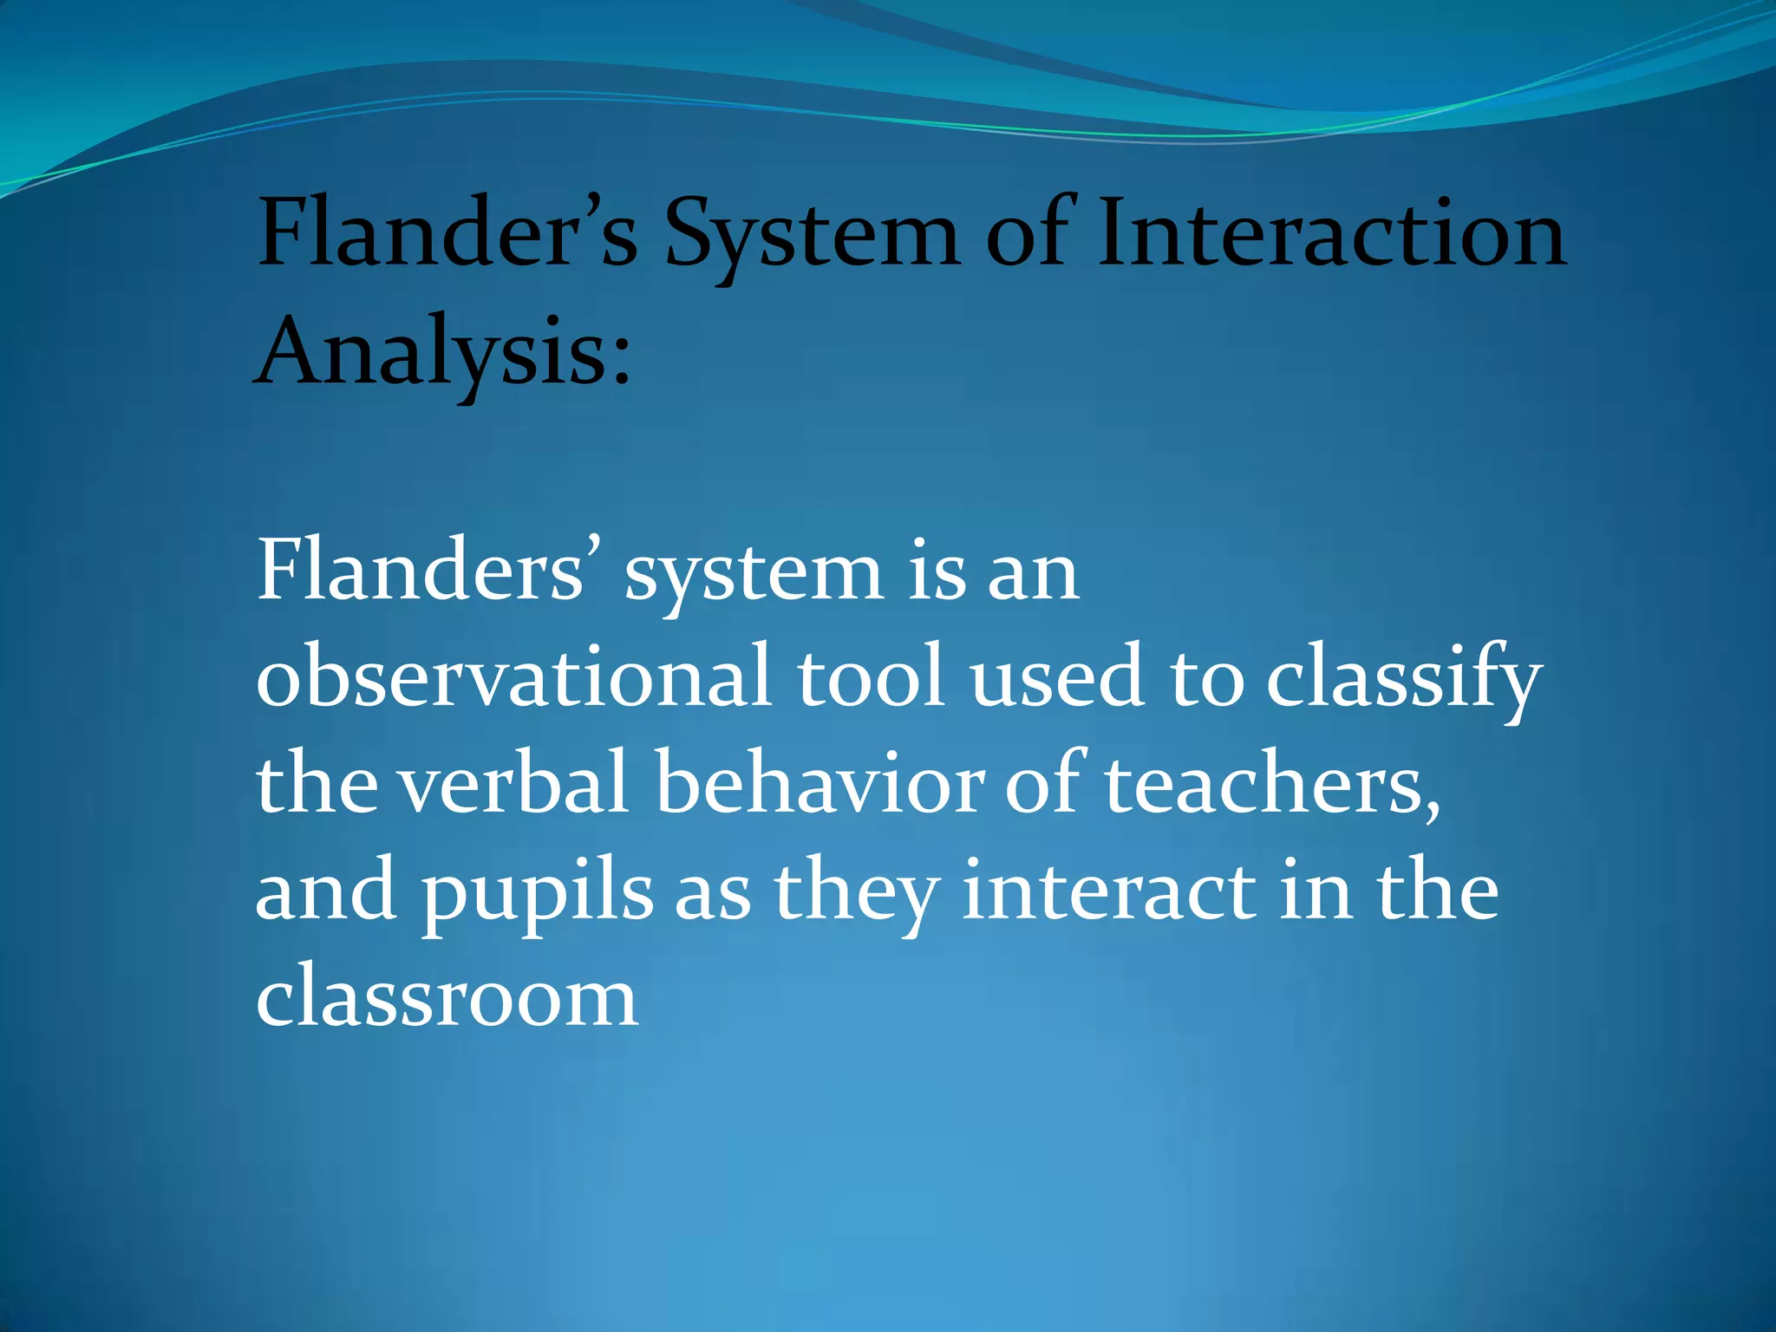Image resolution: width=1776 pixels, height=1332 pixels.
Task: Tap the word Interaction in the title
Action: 1331,232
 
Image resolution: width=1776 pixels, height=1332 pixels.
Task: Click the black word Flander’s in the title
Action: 447,232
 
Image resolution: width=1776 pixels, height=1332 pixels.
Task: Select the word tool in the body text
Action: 870,676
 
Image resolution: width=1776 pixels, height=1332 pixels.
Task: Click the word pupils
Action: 538,893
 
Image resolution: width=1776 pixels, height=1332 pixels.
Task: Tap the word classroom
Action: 447,997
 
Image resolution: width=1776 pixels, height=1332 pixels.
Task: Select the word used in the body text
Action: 1056,676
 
